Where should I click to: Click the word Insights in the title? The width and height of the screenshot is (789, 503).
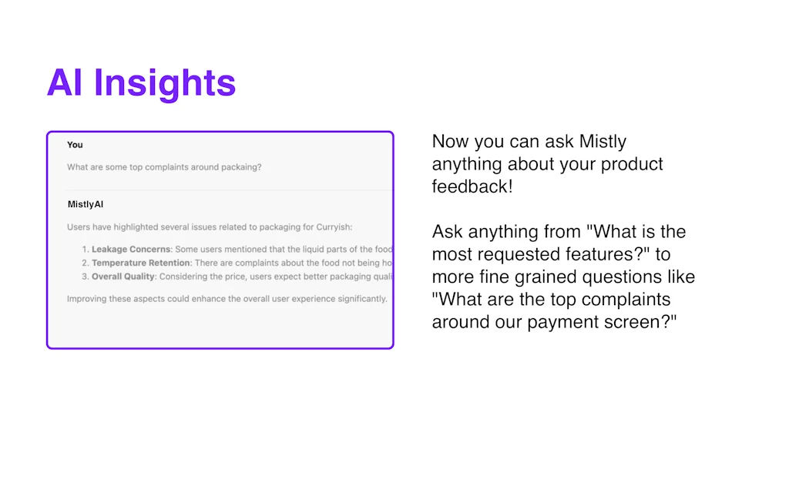[165, 83]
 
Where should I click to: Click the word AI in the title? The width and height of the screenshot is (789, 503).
[65, 83]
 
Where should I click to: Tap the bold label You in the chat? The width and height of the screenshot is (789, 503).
[75, 145]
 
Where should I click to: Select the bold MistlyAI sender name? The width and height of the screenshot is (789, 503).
[86, 204]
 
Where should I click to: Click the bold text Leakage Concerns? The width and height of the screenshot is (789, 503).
[132, 250]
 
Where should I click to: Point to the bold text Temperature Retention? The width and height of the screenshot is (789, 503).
[141, 263]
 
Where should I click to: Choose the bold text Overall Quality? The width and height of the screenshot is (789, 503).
[123, 276]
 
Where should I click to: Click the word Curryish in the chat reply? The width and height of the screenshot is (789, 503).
[331, 227]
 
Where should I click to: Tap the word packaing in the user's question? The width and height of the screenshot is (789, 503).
[240, 167]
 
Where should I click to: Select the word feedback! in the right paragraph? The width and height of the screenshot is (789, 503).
[472, 186]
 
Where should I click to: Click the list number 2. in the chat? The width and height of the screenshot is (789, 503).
[86, 263]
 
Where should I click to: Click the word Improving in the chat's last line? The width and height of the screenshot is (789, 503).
[87, 298]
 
